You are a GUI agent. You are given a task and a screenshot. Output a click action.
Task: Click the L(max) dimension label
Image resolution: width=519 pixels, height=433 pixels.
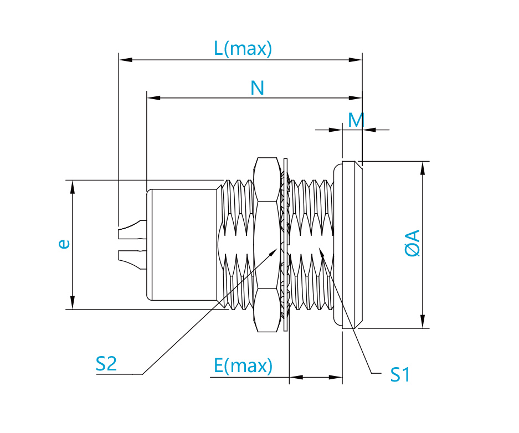[x=243, y=48]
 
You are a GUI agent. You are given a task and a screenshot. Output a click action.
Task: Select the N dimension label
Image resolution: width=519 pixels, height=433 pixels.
[x=257, y=88]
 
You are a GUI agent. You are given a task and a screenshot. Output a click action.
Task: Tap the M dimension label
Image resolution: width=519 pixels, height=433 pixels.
[x=356, y=120]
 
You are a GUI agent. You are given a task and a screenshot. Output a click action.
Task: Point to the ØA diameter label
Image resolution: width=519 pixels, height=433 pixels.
[x=413, y=243]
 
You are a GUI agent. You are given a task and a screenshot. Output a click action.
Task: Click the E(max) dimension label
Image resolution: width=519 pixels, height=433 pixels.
[x=243, y=366]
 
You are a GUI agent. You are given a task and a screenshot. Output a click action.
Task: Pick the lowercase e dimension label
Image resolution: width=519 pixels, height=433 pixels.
[x=64, y=244]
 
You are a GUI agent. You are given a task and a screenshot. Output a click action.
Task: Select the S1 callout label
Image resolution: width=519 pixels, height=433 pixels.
[x=400, y=375]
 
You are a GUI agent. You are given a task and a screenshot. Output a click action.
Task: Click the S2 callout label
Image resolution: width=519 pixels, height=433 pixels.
[x=106, y=364]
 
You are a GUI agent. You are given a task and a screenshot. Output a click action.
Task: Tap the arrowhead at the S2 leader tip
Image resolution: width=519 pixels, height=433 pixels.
[x=274, y=252]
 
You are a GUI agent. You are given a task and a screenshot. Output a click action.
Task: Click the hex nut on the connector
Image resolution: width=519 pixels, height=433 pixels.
[x=267, y=245]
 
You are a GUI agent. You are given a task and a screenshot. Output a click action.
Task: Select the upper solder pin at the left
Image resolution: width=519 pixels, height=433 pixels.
[x=132, y=230]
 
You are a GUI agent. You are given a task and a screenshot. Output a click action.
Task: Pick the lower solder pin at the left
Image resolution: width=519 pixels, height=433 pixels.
[x=132, y=260]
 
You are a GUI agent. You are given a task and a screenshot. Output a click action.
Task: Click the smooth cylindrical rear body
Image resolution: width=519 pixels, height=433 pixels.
[x=182, y=245]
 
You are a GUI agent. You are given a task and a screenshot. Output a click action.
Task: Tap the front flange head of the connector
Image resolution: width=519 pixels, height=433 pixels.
[x=348, y=245]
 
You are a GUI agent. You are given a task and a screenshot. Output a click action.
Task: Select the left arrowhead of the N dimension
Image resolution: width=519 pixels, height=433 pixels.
[x=153, y=98]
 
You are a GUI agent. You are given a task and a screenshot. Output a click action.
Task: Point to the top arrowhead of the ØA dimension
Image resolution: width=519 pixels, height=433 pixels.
[x=423, y=168]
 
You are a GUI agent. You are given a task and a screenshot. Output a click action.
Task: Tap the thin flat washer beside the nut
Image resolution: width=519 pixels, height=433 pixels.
[x=286, y=245]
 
